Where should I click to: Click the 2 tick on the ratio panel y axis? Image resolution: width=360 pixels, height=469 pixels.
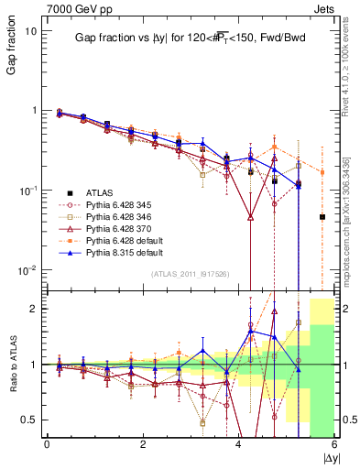click(x=36, y=309)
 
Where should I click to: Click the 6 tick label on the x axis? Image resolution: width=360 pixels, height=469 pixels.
click(x=334, y=444)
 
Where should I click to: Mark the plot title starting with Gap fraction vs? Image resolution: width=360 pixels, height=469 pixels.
click(x=191, y=38)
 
